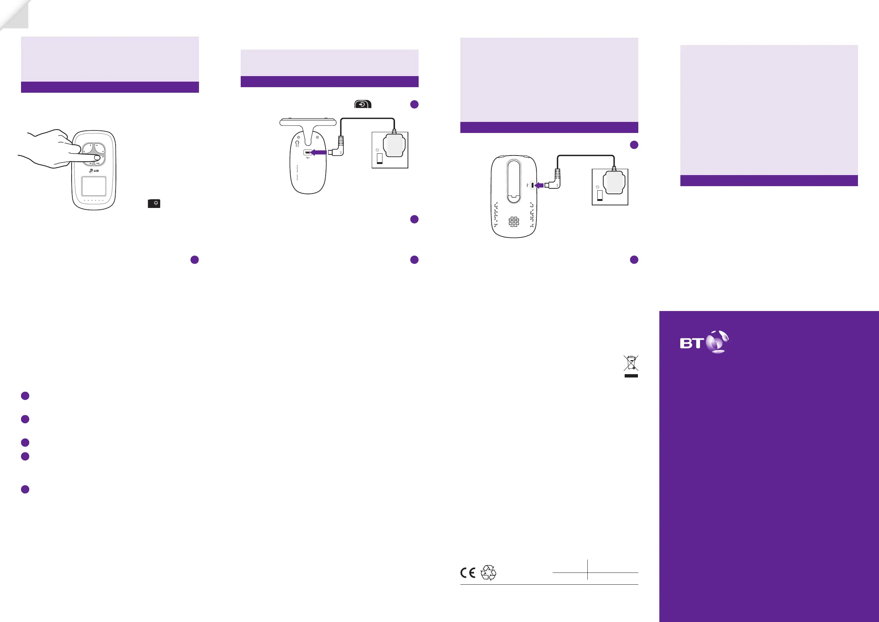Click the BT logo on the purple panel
point(704,342)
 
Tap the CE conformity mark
point(468,573)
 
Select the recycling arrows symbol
point(488,573)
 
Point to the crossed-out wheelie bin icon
point(631,363)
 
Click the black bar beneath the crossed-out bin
point(631,376)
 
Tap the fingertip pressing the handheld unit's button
point(97,157)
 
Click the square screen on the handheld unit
point(94,186)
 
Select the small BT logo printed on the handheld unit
point(94,171)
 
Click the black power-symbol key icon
point(154,204)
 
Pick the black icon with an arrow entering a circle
point(363,104)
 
